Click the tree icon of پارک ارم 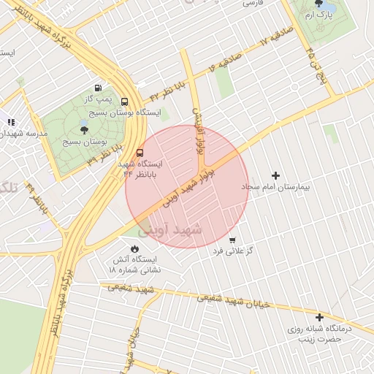[x=319, y=4]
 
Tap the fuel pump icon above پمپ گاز [x=99, y=88]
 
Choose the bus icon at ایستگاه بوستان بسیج [x=124, y=102]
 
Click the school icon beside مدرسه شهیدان [x=10, y=123]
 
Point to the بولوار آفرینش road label [x=196, y=131]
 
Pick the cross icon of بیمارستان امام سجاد [x=275, y=175]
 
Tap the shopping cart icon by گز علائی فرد [x=232, y=240]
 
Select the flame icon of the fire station [x=134, y=249]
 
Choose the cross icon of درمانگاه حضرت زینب [x=319, y=317]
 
